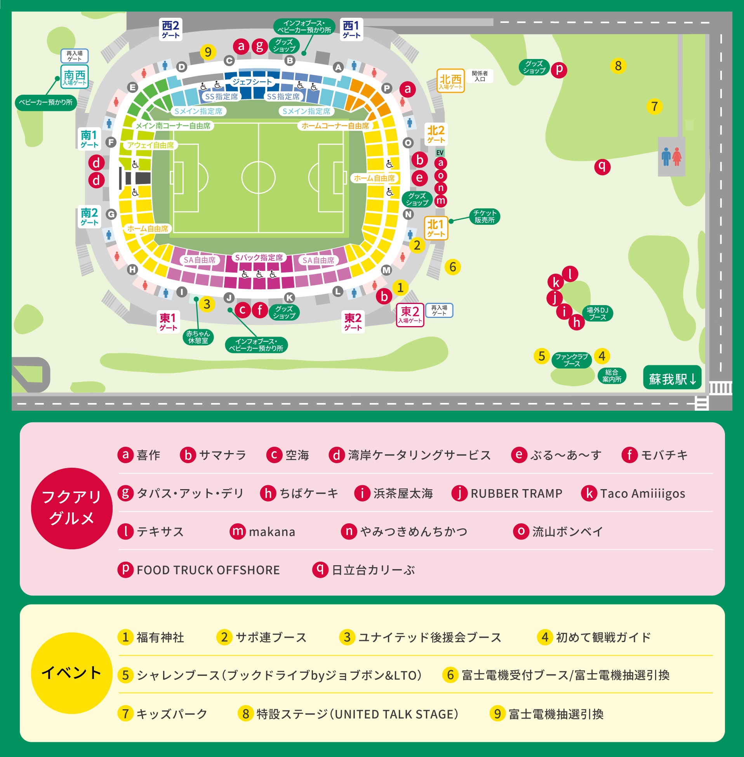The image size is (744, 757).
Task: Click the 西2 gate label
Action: (170, 29)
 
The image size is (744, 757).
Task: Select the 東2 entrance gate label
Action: (410, 315)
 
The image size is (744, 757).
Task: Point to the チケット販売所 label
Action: (484, 216)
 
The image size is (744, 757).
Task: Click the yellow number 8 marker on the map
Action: (618, 66)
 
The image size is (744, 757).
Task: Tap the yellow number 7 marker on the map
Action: (654, 106)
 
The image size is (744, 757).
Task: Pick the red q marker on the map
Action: (602, 167)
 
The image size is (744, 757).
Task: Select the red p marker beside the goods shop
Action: (559, 69)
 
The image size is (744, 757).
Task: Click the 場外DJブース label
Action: (597, 313)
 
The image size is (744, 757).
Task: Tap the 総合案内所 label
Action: (612, 376)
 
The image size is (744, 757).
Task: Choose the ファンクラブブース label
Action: (571, 360)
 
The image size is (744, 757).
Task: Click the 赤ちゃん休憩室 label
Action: (198, 337)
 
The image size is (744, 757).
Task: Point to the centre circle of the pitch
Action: (258, 178)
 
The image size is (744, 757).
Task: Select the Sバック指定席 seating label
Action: (259, 257)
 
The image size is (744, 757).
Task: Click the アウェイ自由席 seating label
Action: (150, 145)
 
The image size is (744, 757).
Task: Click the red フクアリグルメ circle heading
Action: (71, 508)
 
